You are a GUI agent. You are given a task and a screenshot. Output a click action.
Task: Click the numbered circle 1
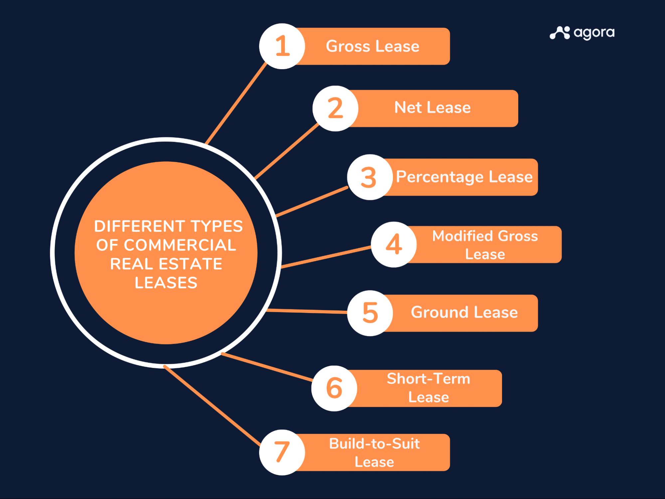pos(282,46)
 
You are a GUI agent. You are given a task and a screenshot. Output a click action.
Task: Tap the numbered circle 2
pos(335,108)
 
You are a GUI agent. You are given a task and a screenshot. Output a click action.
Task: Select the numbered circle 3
pos(370,177)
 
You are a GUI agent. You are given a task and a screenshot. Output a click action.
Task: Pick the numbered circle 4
pos(394,245)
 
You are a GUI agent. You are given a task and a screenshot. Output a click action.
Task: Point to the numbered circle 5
pos(370,313)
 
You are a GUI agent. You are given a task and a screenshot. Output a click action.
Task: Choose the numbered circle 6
pos(334,388)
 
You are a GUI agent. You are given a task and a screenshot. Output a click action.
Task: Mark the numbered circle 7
pos(282,452)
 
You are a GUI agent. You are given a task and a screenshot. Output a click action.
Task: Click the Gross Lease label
pos(373,46)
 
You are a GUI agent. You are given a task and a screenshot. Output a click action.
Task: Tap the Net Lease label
pos(432,108)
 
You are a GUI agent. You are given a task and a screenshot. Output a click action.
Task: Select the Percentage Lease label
pos(464,177)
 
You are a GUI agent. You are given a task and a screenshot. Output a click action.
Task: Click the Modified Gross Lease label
pos(485,245)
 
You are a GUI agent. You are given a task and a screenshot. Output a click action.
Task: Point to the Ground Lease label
pos(464,312)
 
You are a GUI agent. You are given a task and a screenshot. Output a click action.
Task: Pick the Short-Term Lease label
pos(428,388)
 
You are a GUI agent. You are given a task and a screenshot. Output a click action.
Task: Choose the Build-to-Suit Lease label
pos(374,453)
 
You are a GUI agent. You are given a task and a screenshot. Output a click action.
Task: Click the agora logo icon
pos(560,33)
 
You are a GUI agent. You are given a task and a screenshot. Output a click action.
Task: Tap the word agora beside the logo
pos(594,33)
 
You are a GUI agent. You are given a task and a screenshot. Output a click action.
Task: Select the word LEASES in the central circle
pos(166,283)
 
